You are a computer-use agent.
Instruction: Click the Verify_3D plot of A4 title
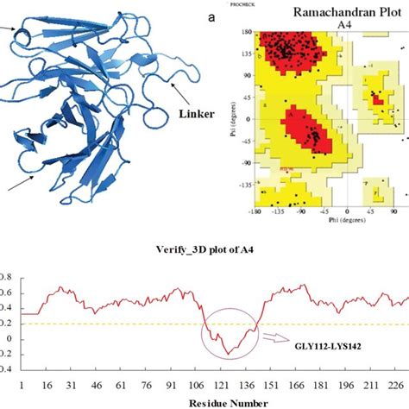(204, 253)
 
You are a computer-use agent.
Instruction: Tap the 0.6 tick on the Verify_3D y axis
(7, 295)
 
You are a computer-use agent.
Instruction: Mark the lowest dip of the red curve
(226, 355)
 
